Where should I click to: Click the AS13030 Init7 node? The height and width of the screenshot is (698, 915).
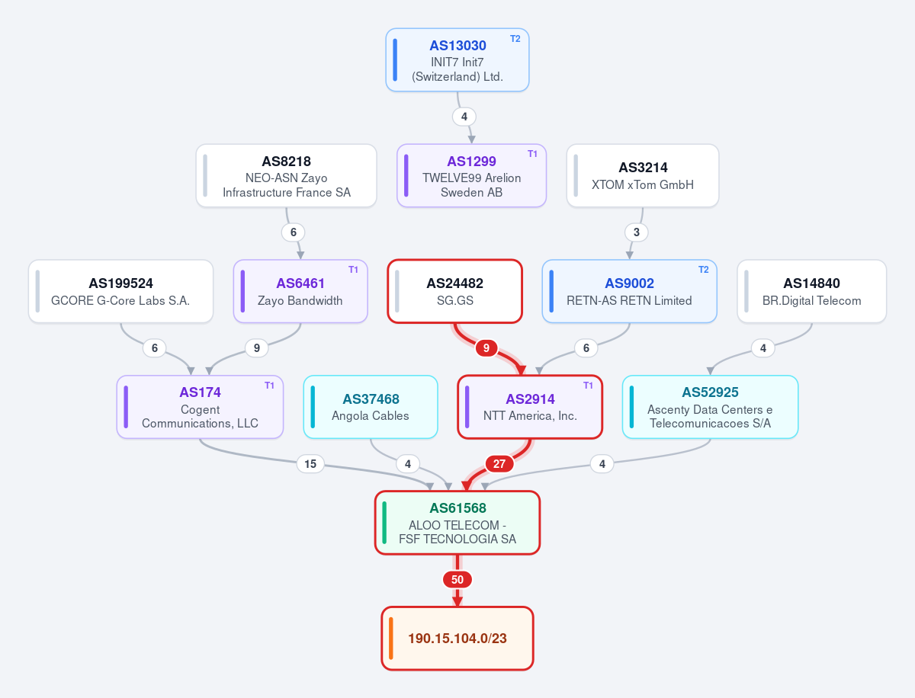pos(457,60)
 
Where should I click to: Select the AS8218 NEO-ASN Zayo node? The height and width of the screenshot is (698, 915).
pos(287,176)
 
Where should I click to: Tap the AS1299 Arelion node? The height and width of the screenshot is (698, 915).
pos(471,176)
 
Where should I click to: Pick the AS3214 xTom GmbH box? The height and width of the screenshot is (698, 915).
pos(643,176)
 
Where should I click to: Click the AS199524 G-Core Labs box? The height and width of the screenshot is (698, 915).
pos(121,292)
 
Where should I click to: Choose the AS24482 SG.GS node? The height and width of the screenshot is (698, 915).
pos(454,292)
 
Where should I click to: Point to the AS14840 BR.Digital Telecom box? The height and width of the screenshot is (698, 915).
pos(811,292)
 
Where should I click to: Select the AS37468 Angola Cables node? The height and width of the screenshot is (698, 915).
pos(371,407)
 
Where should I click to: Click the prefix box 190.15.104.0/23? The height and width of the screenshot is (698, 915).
pos(457,639)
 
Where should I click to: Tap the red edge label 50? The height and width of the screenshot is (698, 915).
pos(457,580)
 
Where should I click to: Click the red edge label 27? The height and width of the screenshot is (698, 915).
pos(499,464)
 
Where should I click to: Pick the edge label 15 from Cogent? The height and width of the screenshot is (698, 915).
pos(310,464)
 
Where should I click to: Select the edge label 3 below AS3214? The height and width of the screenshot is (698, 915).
pos(636,232)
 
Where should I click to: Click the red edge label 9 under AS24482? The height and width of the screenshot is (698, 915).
pos(486,348)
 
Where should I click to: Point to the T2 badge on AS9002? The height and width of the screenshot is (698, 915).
pos(703,270)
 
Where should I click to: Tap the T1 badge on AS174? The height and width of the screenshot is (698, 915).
pos(269,386)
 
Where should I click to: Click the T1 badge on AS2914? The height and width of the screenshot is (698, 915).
pos(588,386)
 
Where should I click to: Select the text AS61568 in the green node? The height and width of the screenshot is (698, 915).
pos(457,508)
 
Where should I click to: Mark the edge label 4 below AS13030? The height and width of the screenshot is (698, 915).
pos(464,117)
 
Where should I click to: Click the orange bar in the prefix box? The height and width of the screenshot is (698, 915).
pos(391,639)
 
